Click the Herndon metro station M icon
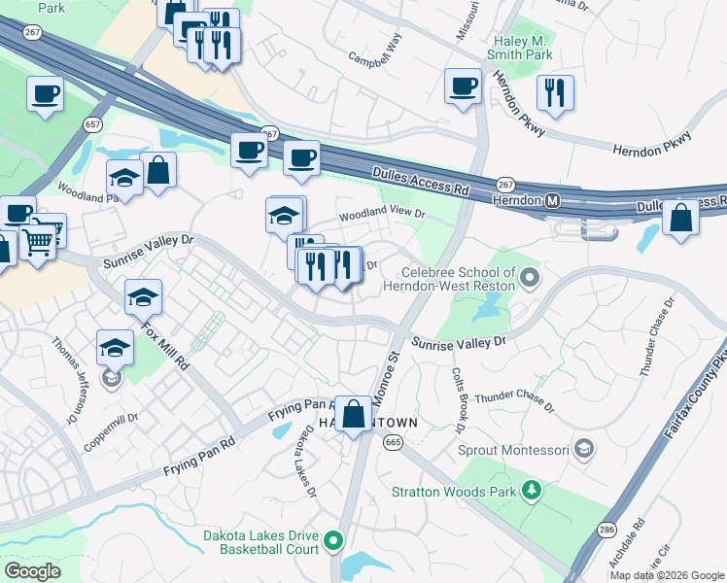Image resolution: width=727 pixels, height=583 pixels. click(x=553, y=200)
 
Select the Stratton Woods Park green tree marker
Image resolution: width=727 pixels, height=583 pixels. click(x=531, y=491)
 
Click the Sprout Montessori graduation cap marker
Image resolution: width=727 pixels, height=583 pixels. click(x=583, y=450)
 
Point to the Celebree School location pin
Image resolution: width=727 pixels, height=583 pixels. click(x=529, y=280)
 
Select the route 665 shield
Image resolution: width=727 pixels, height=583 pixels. click(x=393, y=442)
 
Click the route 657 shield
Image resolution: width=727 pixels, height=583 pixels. click(x=93, y=124)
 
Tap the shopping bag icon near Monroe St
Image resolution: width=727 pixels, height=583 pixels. click(x=355, y=412)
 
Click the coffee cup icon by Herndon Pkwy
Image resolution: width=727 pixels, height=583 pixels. click(x=464, y=86)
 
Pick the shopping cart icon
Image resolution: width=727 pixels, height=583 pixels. click(x=39, y=239)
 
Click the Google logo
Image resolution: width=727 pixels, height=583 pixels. click(x=33, y=571)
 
